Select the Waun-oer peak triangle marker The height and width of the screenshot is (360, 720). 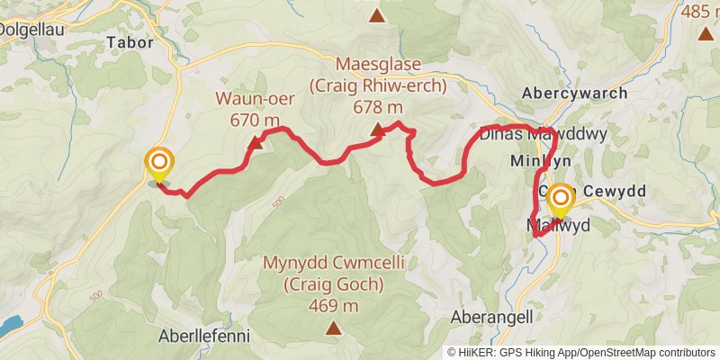pyautogui.click(x=256, y=142)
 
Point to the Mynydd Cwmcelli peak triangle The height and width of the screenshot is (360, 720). pyautogui.click(x=333, y=328)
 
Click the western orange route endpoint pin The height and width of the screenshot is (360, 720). pyautogui.click(x=159, y=163)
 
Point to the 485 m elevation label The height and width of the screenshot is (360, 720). pyautogui.click(x=700, y=12)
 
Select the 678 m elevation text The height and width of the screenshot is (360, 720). pyautogui.click(x=378, y=107)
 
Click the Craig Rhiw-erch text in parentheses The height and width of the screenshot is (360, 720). pyautogui.click(x=378, y=86)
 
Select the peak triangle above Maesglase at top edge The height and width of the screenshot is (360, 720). pyautogui.click(x=376, y=15)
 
